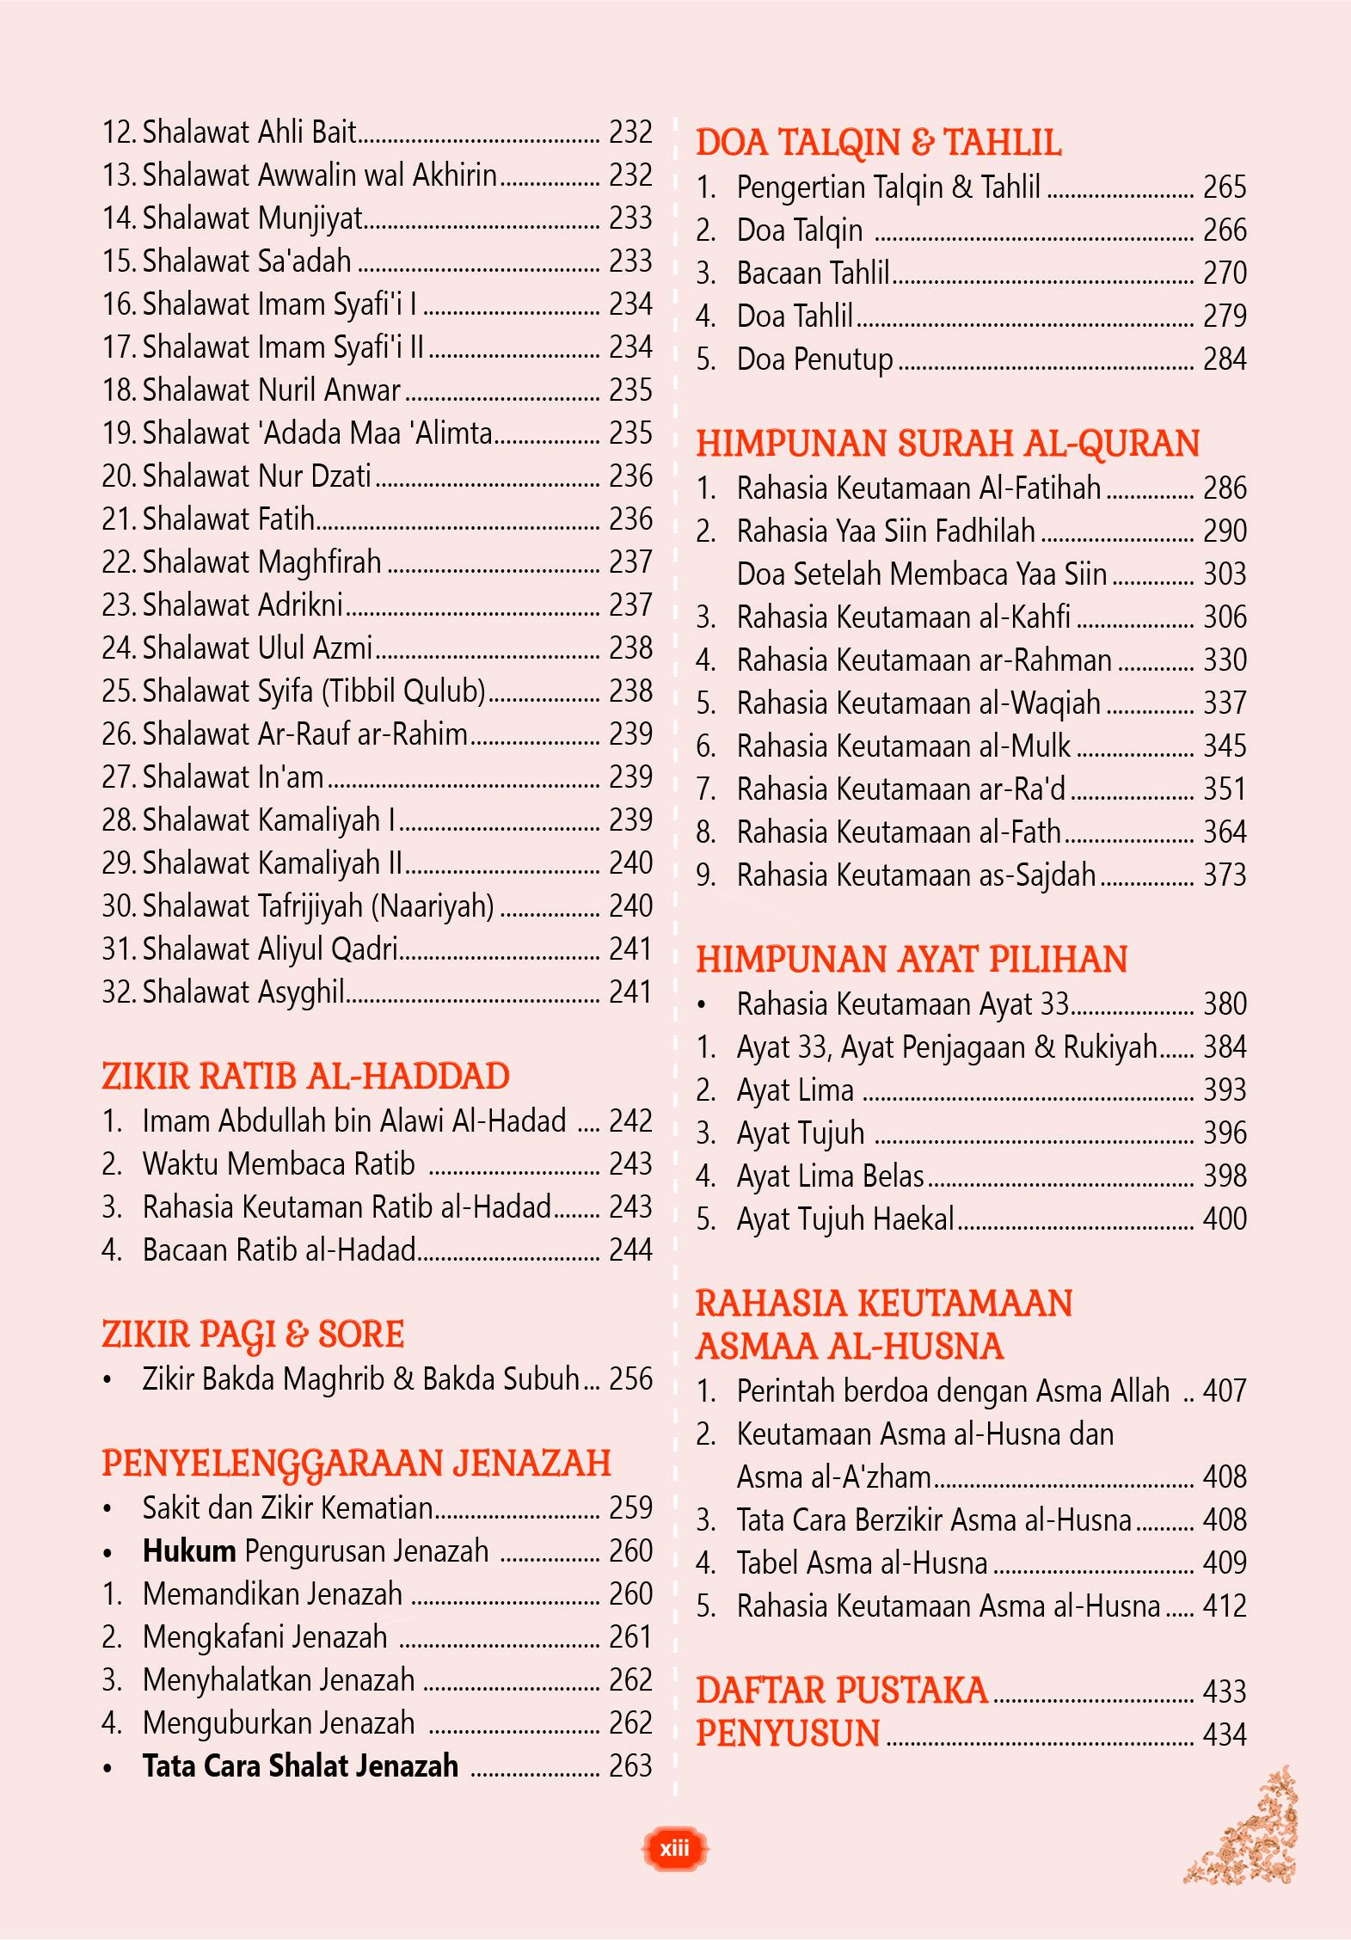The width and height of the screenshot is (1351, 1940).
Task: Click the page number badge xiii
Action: point(675,1848)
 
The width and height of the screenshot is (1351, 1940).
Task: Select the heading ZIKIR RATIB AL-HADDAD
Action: point(305,1077)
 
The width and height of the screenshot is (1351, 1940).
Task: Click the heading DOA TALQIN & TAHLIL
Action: point(878,143)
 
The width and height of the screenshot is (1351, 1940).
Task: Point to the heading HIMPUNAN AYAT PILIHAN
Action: point(912,960)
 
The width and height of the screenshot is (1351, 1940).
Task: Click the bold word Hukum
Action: point(189,1551)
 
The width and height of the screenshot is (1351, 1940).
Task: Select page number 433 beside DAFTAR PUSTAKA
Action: point(1225,1691)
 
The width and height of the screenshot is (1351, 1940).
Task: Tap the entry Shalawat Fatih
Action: point(229,519)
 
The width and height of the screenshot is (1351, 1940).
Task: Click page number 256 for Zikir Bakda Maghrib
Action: point(630,1378)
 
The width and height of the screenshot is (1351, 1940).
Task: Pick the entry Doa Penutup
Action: point(814,359)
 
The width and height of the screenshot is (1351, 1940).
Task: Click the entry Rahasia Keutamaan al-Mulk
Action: point(903,746)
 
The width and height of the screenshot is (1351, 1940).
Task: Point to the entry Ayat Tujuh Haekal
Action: point(844,1219)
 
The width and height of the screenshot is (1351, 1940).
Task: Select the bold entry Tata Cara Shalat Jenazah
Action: point(300,1766)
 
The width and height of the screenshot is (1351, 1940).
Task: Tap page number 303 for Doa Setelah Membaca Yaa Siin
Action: point(1225,574)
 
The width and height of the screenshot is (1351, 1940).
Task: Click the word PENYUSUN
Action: point(788,1734)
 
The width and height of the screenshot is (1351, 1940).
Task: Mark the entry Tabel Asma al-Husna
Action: point(862,1562)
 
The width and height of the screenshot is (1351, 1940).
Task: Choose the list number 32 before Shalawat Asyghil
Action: point(119,992)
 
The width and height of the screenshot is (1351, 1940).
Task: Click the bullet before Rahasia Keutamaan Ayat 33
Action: point(703,1004)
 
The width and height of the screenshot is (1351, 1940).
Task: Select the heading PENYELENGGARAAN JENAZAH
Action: point(356,1464)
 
